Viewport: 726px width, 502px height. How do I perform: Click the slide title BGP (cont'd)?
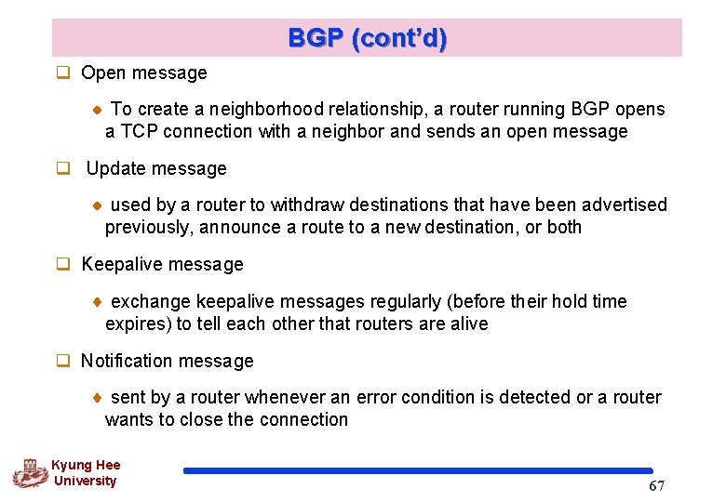coord(367,38)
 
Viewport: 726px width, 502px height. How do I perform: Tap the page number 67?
coord(656,486)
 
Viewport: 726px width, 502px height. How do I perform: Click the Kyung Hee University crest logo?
coord(29,473)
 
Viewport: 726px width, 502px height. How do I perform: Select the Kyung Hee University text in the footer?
coord(85,473)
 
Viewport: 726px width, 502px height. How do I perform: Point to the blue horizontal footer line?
coord(418,471)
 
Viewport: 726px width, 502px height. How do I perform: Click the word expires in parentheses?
coord(139,324)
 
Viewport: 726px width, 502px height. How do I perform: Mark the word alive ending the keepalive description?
coord(466,324)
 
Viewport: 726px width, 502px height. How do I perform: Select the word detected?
coord(534,397)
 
